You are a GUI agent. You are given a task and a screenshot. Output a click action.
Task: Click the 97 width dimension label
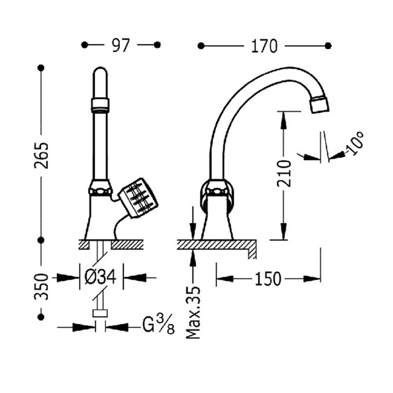[x=120, y=45]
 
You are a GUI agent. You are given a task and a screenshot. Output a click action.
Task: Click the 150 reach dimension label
[x=268, y=279]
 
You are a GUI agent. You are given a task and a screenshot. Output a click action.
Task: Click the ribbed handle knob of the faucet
[x=139, y=197]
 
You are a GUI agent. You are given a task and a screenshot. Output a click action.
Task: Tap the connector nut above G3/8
[x=100, y=315]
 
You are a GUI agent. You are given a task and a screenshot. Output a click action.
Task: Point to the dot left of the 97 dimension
[x=84, y=45]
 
